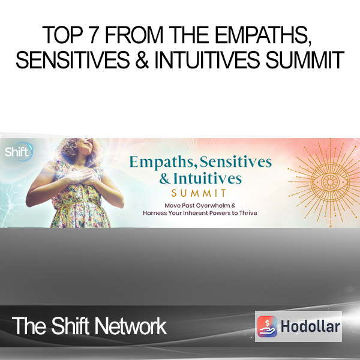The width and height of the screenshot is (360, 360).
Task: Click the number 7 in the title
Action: click(x=96, y=35)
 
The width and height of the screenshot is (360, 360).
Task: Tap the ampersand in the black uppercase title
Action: click(x=142, y=60)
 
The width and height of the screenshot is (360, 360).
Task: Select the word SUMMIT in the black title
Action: click(x=305, y=60)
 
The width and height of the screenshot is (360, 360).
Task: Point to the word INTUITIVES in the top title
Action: click(x=207, y=60)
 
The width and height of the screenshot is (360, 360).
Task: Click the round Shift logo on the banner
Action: click(x=19, y=152)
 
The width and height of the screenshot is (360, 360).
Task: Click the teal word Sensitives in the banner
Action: click(x=236, y=161)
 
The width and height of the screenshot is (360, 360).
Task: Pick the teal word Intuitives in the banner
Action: click(x=208, y=179)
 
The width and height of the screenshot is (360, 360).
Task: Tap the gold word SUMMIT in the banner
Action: click(x=199, y=193)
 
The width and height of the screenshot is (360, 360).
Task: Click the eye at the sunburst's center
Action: click(x=330, y=182)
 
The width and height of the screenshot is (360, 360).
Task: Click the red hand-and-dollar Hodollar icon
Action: click(x=267, y=326)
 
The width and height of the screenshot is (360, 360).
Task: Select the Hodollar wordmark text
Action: click(x=310, y=326)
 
